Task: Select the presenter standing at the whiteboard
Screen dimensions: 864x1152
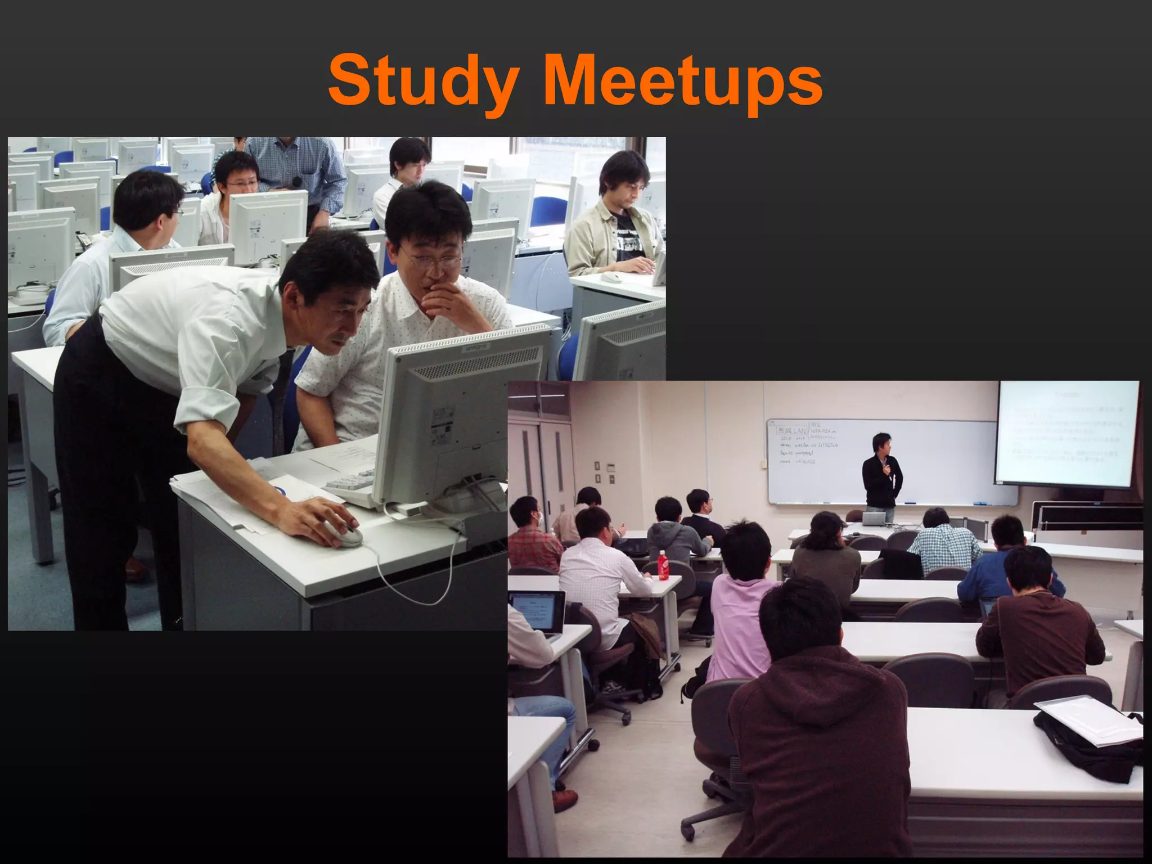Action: [x=881, y=472]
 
